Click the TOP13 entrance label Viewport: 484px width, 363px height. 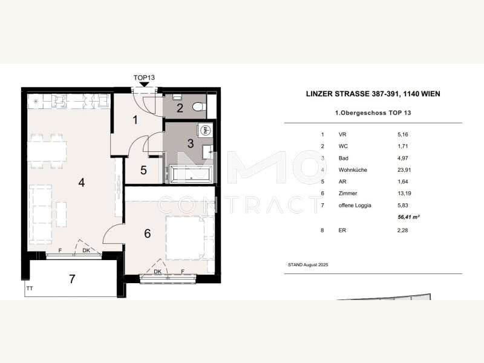click(145, 78)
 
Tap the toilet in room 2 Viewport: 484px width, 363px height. click(198, 107)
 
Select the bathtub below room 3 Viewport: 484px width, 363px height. click(191, 174)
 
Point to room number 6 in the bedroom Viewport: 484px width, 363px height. click(147, 234)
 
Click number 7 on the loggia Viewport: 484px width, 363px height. click(72, 279)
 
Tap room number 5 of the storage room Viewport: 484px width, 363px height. click(143, 170)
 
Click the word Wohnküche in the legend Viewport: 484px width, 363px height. click(354, 171)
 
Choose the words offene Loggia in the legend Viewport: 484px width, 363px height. click(356, 206)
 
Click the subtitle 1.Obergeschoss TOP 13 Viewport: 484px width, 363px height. click(373, 113)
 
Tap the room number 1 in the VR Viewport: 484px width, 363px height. click(136, 120)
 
